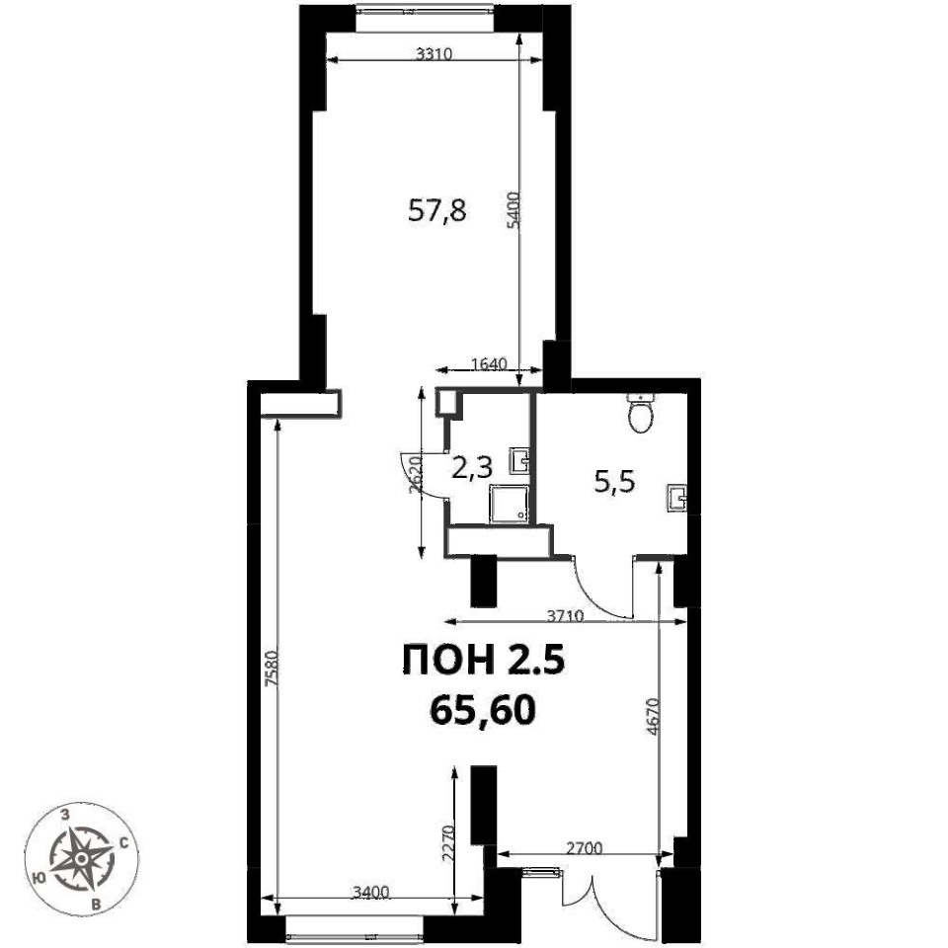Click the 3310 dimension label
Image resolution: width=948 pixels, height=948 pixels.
coord(434,54)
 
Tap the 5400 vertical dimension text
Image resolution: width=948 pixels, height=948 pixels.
coord(513,209)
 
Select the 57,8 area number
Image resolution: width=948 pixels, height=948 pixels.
coord(437,211)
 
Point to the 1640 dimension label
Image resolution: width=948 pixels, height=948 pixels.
coord(489,364)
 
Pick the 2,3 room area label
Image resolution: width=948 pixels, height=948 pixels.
coord(473,468)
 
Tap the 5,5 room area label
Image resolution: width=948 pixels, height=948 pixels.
coord(615,483)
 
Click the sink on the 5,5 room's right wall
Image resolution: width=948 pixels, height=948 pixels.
coord(677,499)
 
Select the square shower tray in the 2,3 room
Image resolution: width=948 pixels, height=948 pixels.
coord(511,505)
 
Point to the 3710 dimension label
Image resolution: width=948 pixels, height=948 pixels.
coord(565,616)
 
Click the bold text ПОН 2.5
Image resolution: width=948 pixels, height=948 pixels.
coord(484,660)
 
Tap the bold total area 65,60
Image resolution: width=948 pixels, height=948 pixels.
coord(483,709)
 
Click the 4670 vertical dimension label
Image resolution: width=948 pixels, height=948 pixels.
coord(653,716)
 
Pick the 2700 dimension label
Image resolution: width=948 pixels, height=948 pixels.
coord(584,849)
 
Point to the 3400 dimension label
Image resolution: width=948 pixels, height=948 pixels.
coord(370,892)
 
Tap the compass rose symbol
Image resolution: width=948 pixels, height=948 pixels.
coord(82,858)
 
